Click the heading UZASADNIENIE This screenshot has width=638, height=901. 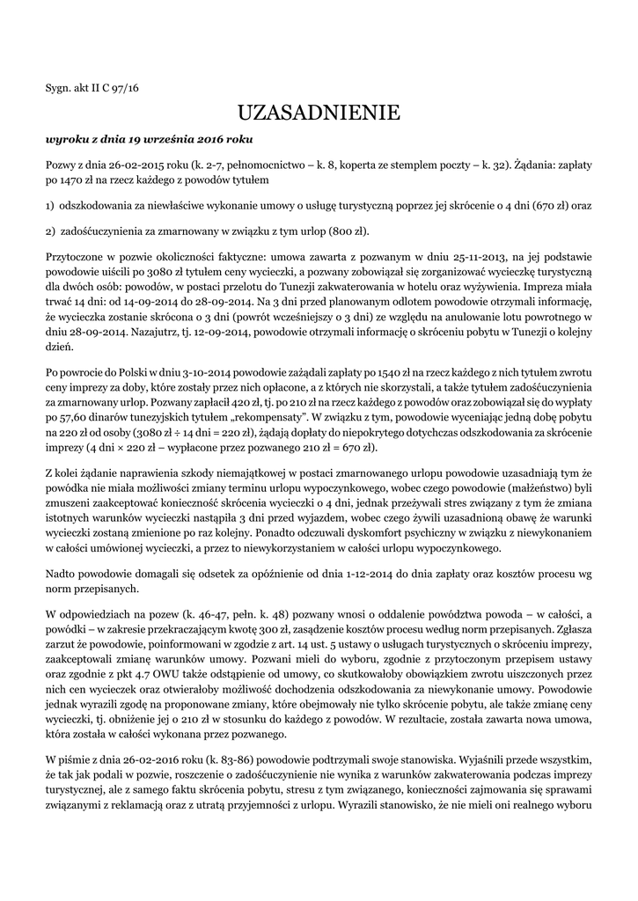click(x=319, y=113)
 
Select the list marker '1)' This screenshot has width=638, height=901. click(x=51, y=206)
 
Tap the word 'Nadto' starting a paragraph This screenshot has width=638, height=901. click(x=62, y=573)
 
